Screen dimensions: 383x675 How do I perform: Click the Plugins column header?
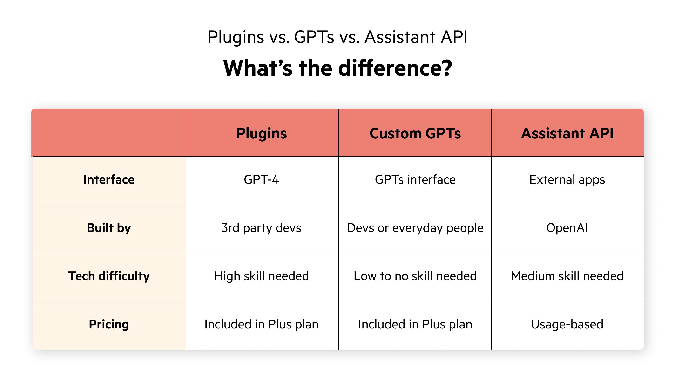tap(261, 133)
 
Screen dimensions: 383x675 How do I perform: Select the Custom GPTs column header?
tap(415, 133)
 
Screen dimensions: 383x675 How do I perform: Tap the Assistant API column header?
tap(567, 133)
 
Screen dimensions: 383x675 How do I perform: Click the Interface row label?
tap(109, 180)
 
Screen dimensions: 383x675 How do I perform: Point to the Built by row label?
tap(109, 228)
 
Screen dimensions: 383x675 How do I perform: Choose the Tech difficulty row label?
tap(109, 276)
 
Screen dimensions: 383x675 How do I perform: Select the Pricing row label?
tap(109, 324)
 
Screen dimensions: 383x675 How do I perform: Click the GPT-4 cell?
tap(261, 180)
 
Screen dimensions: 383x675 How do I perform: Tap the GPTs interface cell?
tap(415, 180)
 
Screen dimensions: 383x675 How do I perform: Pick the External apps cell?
tap(567, 180)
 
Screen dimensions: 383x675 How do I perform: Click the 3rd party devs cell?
tap(261, 228)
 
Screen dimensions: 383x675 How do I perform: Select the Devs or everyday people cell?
tap(415, 228)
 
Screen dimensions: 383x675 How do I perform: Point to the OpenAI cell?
tap(567, 228)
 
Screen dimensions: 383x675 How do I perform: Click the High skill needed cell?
tap(261, 276)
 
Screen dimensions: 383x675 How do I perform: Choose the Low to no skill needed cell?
tap(415, 276)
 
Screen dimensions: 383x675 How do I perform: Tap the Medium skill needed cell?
tap(567, 276)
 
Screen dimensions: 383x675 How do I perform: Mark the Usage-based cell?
tap(567, 324)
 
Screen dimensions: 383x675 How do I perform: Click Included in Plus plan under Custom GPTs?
tap(415, 324)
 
